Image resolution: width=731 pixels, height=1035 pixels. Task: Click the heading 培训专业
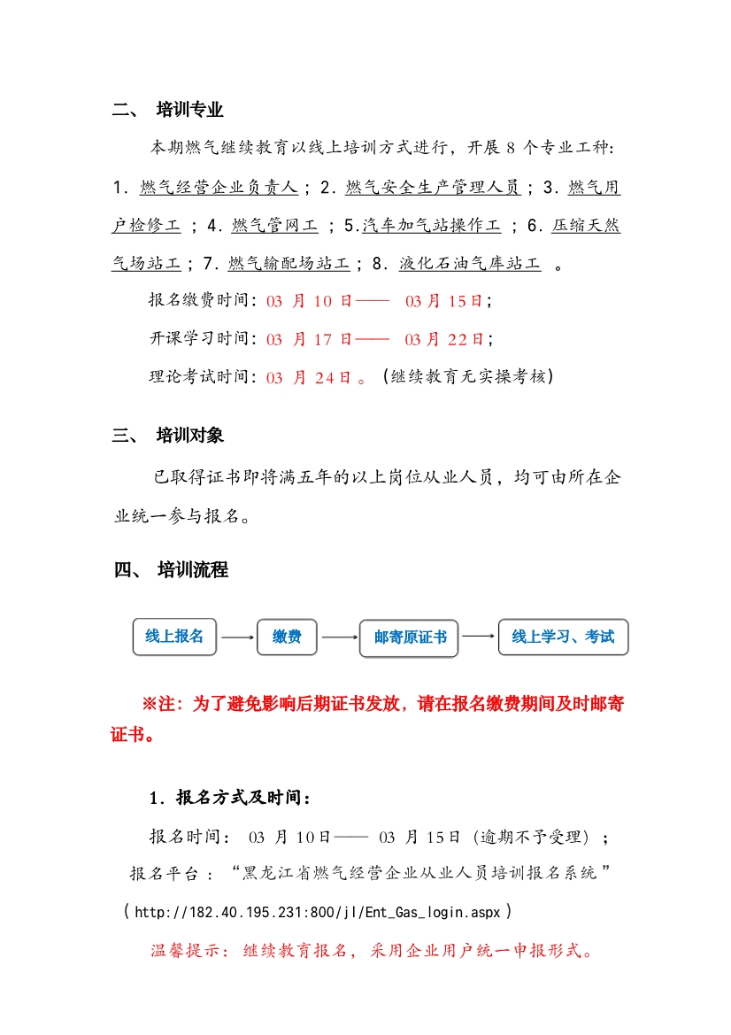pyautogui.click(x=189, y=110)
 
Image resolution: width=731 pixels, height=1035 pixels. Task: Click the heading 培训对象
pyautogui.click(x=189, y=435)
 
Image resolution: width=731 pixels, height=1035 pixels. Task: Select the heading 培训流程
pyautogui.click(x=192, y=569)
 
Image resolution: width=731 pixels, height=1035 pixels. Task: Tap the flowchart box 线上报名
pyautogui.click(x=174, y=637)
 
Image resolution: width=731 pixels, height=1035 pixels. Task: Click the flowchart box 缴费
pyautogui.click(x=287, y=637)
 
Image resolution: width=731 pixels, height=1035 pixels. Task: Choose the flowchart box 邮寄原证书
pyautogui.click(x=409, y=637)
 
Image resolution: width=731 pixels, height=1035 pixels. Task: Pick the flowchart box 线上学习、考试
pyautogui.click(x=563, y=637)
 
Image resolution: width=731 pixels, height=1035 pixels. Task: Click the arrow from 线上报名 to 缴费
pyautogui.click(x=236, y=637)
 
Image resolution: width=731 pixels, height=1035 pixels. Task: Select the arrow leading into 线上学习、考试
pyautogui.click(x=478, y=636)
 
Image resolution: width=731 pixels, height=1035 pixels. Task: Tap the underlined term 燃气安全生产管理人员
pyautogui.click(x=432, y=187)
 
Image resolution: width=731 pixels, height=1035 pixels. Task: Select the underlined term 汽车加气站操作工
pyautogui.click(x=431, y=225)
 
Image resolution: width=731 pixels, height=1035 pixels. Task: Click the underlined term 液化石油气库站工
pyautogui.click(x=470, y=263)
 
